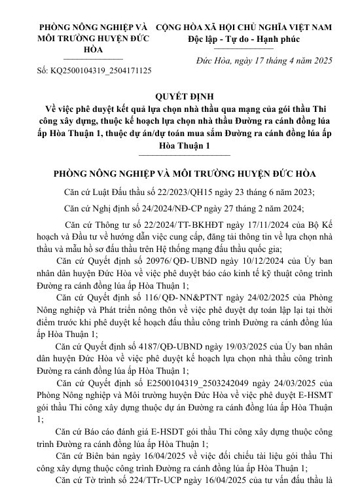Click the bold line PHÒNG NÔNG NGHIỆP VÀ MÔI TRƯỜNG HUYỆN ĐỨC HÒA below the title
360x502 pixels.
(185, 175)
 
